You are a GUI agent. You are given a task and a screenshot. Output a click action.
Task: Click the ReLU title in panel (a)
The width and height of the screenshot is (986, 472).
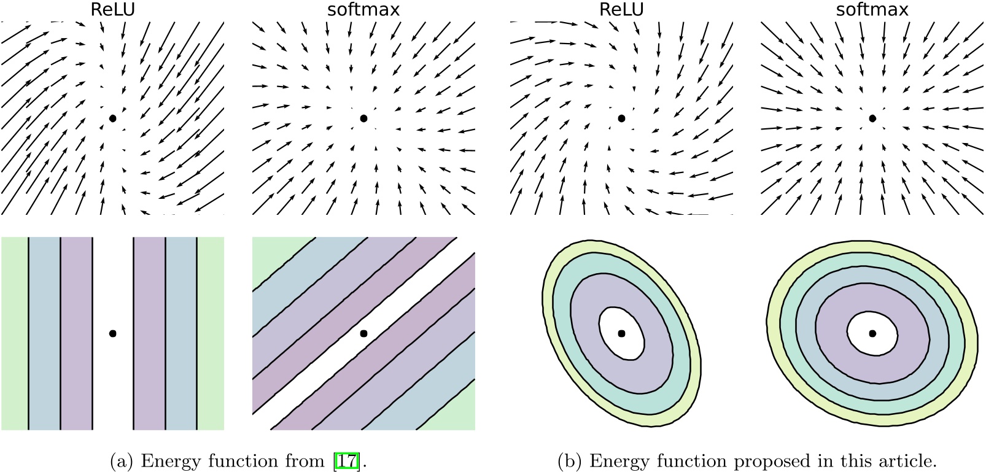tap(112, 10)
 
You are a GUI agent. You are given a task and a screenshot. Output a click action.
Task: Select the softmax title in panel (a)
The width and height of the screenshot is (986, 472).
tap(364, 10)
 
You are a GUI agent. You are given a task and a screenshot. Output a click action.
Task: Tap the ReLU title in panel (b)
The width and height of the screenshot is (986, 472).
tap(621, 10)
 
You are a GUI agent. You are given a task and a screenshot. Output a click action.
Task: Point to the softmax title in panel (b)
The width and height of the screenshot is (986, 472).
tap(872, 10)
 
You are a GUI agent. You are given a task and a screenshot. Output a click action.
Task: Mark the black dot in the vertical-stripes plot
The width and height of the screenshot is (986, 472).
tap(112, 333)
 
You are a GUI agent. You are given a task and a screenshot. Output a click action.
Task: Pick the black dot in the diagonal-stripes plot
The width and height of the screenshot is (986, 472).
tap(363, 333)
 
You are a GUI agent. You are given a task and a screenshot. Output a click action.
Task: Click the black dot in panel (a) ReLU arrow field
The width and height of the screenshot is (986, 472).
tap(112, 118)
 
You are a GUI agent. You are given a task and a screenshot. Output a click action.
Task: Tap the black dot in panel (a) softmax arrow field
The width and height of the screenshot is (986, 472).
tap(363, 118)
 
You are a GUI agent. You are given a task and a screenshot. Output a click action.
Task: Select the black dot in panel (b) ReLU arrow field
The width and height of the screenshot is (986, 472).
tap(621, 118)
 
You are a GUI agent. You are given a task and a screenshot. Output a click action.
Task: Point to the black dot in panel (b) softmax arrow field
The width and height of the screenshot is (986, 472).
tap(872, 118)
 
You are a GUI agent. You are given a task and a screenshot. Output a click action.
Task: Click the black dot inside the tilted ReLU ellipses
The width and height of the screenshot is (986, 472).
tap(621, 333)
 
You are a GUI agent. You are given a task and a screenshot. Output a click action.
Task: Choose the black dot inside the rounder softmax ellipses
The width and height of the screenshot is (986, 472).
tap(872, 333)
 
